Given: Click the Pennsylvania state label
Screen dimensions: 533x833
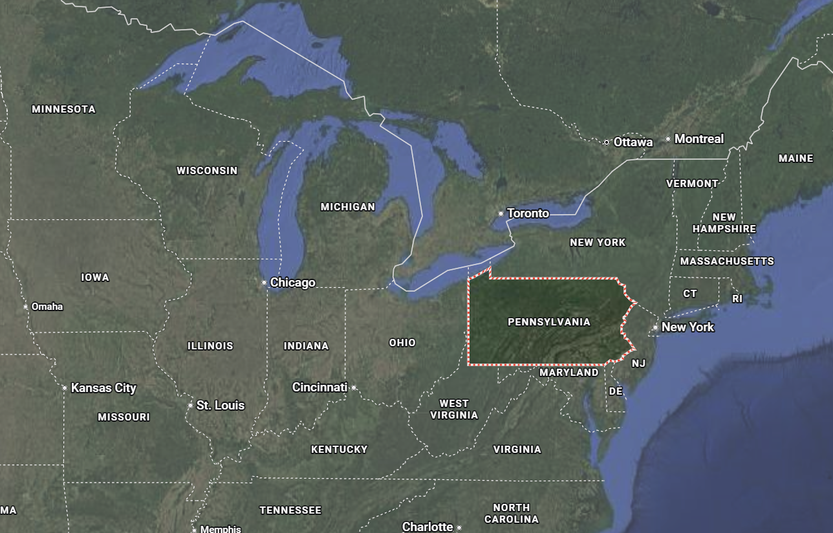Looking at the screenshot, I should (x=548, y=321).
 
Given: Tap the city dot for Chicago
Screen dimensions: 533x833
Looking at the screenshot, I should (x=264, y=283).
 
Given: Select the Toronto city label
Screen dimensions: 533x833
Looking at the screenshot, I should (x=528, y=213).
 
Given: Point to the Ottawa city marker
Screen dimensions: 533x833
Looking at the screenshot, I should (x=606, y=142).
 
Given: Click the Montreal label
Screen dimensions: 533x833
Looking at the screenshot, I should (x=698, y=139).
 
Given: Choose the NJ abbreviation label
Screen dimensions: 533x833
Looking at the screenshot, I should (x=638, y=364).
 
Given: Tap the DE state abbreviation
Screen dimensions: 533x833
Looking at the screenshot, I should (x=615, y=391).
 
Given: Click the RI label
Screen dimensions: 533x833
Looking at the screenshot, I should (x=737, y=299).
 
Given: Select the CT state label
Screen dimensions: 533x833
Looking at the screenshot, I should (x=690, y=294).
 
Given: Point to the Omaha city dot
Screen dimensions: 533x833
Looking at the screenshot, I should (x=26, y=307).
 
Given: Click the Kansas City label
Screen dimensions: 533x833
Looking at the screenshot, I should (x=103, y=388).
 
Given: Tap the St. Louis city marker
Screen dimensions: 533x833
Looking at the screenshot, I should (x=190, y=406).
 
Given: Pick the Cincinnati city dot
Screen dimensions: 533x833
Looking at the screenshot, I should (x=354, y=388).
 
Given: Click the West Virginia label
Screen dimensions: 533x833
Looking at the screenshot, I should (x=454, y=409).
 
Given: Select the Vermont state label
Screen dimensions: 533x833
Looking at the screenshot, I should (x=692, y=184).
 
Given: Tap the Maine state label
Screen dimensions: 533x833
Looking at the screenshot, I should (x=795, y=158).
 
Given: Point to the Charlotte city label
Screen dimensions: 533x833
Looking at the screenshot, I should (x=427, y=527).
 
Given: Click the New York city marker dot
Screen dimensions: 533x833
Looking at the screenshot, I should (x=655, y=327).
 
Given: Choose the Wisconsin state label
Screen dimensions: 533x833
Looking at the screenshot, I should (x=207, y=171).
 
